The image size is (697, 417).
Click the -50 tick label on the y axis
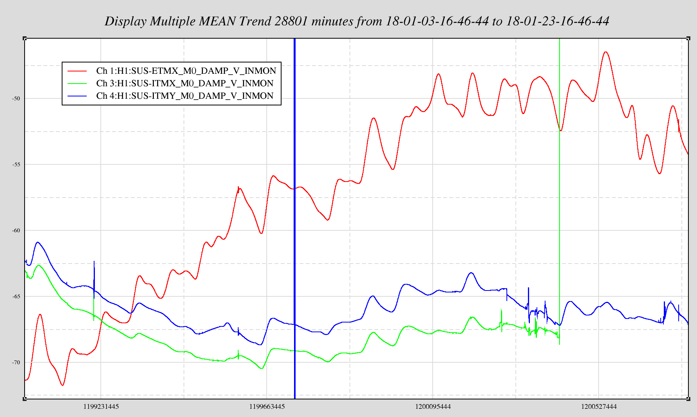pos(16,98)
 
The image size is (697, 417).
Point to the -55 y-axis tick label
pos(16,164)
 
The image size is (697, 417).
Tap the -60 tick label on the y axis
pos(16,230)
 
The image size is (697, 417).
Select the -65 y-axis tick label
pos(16,296)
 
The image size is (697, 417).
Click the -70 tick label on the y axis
pos(16,362)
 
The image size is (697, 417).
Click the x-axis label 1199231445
pos(101,406)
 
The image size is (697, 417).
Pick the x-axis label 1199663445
pos(267,406)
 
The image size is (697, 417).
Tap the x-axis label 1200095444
pos(433,406)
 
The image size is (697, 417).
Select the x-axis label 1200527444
pos(599,406)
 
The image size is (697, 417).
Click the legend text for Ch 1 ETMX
pos(186,71)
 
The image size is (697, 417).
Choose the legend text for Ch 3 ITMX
pos(185,83)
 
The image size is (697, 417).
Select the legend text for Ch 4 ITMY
pos(185,96)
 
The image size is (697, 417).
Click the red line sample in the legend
pos(77,71)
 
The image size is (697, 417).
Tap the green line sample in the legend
pos(77,83)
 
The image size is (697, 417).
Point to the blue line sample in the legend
pos(77,96)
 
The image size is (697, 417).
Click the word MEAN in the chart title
pos(217,21)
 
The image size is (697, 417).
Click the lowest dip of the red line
pos(62,385)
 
